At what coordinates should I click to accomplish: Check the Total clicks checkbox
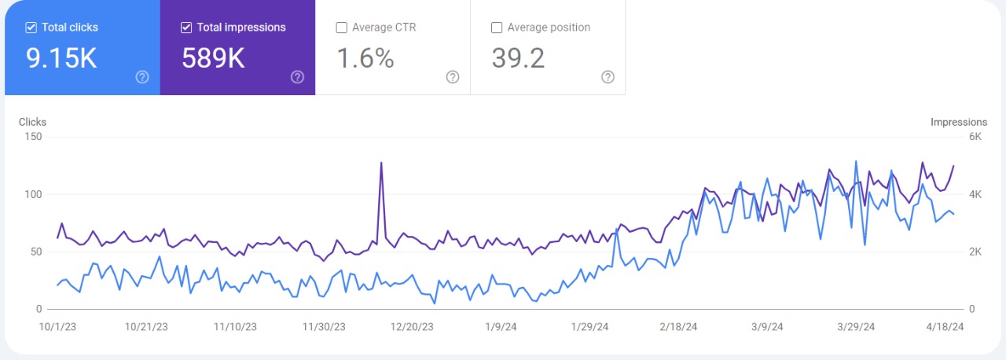(31, 28)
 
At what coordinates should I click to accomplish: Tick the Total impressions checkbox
(186, 28)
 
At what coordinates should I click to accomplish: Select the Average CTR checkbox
(341, 28)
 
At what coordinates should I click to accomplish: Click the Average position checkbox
(496, 28)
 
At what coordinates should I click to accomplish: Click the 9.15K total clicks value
(62, 58)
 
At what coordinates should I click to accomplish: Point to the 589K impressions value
(213, 58)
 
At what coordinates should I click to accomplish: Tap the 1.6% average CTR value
(365, 58)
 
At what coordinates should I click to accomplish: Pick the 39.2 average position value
(518, 58)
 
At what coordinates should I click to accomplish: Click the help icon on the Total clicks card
(142, 77)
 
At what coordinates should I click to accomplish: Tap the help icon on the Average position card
(608, 77)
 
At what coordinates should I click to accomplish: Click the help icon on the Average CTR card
(453, 77)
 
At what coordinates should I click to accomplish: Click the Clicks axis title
(32, 122)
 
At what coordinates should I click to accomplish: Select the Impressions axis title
(958, 122)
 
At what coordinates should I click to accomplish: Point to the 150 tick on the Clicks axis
(33, 137)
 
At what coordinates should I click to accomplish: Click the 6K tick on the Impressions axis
(975, 137)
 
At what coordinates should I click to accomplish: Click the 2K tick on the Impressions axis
(975, 252)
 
